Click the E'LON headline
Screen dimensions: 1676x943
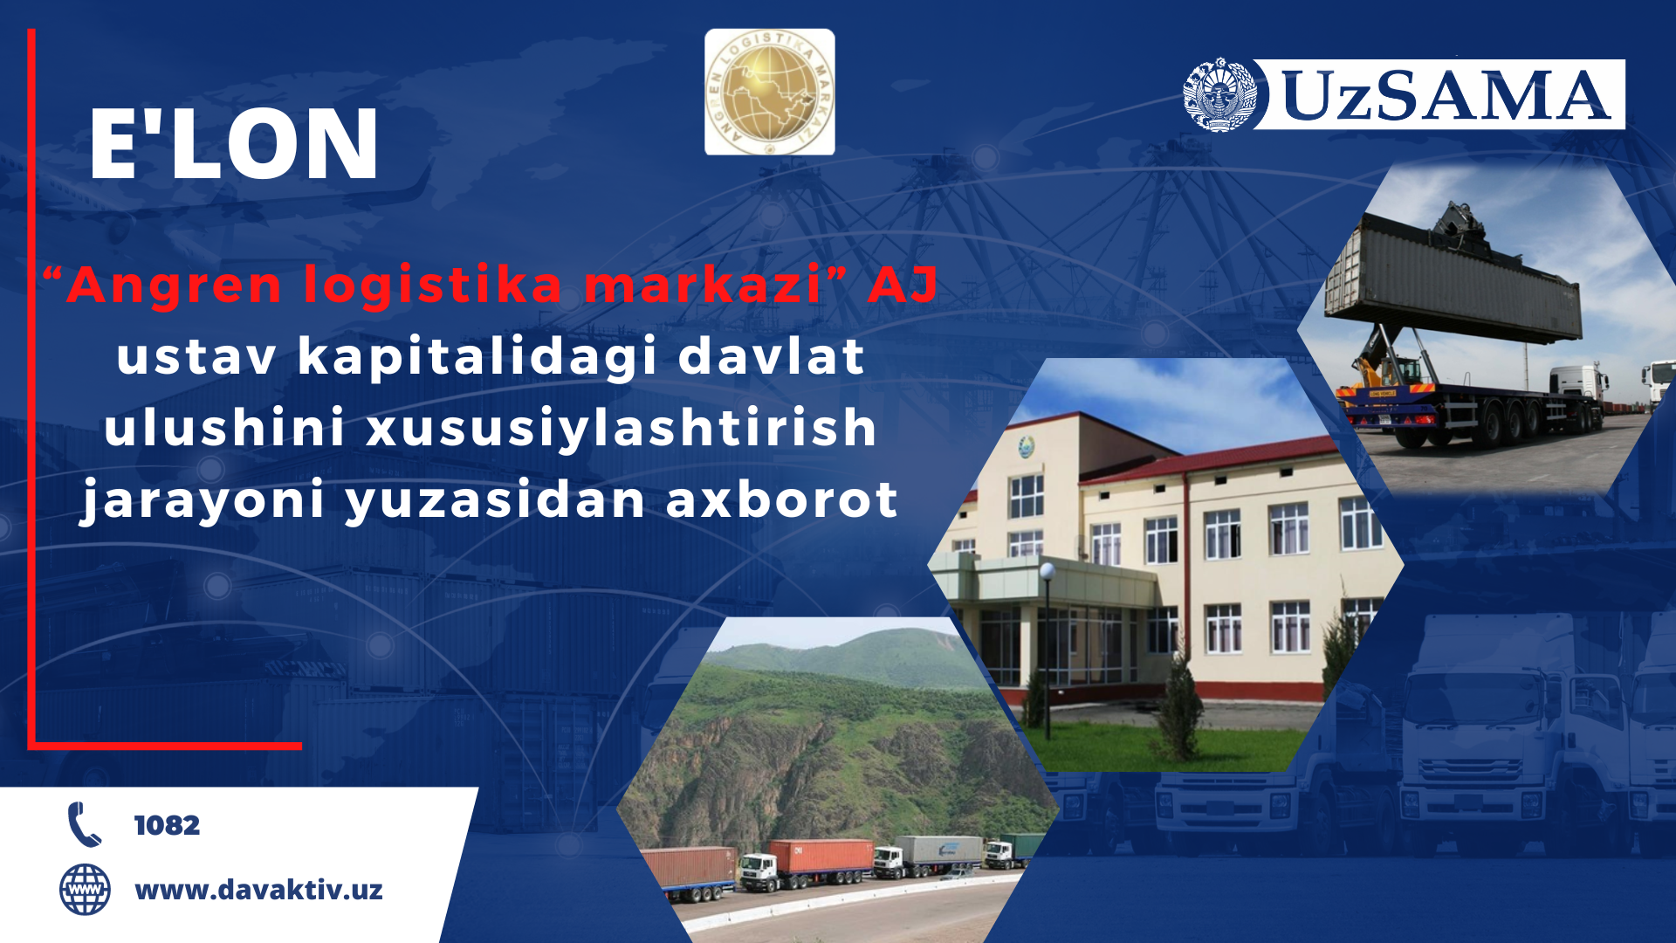coord(234,144)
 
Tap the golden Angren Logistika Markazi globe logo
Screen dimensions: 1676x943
coord(769,92)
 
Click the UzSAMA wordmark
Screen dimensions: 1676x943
coord(1444,94)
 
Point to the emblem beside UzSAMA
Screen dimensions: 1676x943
coord(1219,94)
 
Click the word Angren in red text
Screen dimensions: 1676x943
coord(174,286)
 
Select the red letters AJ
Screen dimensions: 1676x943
coord(903,285)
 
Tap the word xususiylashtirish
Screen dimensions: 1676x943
coord(621,428)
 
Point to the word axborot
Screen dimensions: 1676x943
coord(781,499)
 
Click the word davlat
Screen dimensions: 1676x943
coord(772,356)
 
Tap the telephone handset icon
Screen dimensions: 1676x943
coord(84,824)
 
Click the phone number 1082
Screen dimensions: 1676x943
coord(167,825)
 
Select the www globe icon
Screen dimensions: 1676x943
coord(85,890)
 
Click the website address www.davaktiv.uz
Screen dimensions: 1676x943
coord(258,890)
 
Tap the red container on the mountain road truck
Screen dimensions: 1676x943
coord(821,857)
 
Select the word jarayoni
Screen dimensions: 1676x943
coord(203,501)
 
